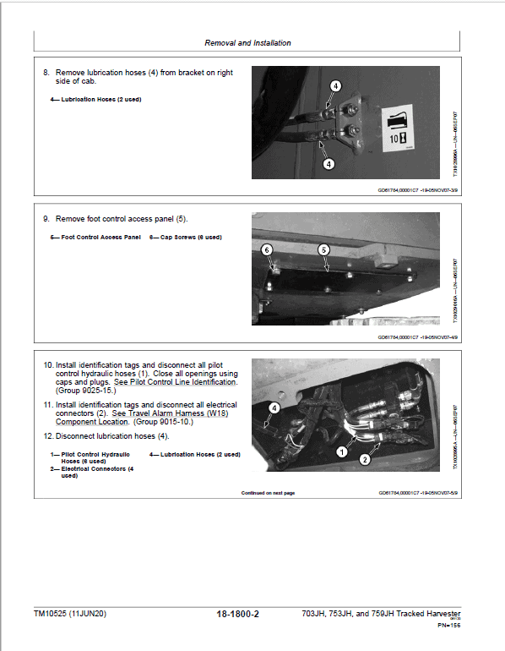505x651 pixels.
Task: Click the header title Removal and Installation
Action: click(247, 42)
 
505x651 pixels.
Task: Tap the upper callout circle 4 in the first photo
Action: click(335, 86)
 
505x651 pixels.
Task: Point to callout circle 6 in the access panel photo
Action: click(267, 250)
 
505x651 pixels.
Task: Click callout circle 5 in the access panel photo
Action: click(323, 249)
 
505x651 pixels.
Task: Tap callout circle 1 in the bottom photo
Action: click(341, 452)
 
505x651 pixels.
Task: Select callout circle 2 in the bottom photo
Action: click(365, 460)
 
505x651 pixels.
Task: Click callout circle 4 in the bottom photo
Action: click(274, 408)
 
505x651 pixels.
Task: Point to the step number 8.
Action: click(46, 73)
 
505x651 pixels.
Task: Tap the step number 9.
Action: click(46, 219)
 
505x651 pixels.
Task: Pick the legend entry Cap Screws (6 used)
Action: click(185, 237)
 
